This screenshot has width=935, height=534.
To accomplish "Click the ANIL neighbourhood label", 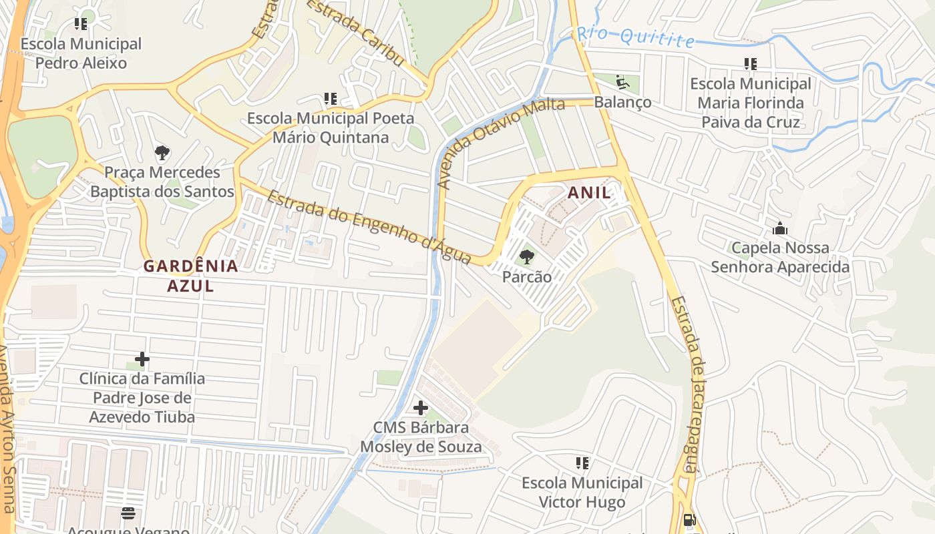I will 588,193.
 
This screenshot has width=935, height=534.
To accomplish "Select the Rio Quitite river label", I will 635,36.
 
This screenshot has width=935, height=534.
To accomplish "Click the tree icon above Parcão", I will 526,256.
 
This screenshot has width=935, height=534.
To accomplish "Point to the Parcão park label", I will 527,276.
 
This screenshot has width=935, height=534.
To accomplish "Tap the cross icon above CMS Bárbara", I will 421,408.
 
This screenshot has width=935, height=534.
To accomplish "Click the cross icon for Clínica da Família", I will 142,360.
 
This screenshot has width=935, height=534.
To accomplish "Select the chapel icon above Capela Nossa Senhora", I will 780,229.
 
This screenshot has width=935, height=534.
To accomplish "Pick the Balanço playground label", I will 622,102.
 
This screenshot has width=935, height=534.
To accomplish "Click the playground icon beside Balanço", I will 622,83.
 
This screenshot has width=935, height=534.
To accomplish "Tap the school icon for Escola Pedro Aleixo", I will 81,25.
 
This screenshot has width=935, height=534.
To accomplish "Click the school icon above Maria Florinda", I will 751,64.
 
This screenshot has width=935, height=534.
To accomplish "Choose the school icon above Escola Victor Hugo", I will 582,463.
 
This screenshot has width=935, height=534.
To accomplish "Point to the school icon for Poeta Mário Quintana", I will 331,99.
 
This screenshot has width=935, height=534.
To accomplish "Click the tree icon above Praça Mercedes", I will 162,153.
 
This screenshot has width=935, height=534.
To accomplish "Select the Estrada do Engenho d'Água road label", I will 370,227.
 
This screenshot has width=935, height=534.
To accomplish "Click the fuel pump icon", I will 690,520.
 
